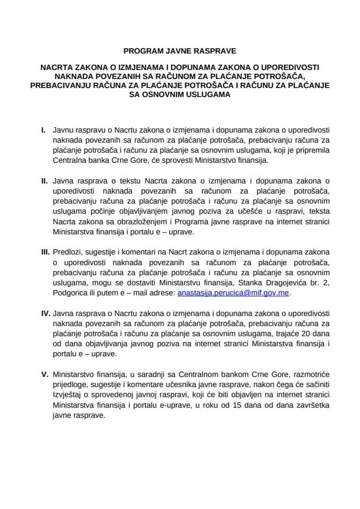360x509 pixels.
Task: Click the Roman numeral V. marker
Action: (44, 375)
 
